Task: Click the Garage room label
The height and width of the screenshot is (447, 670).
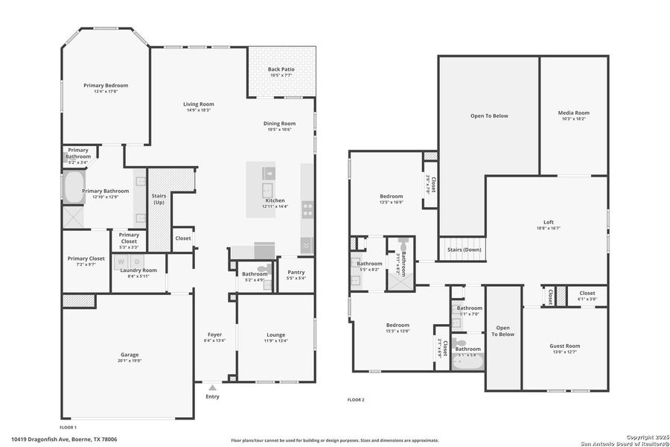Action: tap(130, 355)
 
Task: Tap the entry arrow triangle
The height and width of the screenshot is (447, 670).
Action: tap(212, 387)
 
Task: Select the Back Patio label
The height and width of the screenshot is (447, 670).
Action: tap(281, 70)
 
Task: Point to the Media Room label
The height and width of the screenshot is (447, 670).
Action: tap(573, 112)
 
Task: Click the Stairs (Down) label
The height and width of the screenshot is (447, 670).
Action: tap(464, 250)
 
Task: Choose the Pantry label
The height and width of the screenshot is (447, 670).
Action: tap(296, 273)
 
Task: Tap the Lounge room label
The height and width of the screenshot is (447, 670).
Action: tap(275, 335)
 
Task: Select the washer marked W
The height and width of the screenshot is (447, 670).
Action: tap(121, 261)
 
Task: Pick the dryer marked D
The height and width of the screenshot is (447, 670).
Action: tap(137, 261)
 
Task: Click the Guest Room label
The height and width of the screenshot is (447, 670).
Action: tap(564, 346)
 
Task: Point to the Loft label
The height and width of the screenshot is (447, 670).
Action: tap(549, 222)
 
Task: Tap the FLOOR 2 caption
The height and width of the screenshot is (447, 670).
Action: tap(356, 400)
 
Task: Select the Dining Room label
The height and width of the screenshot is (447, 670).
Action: tap(279, 124)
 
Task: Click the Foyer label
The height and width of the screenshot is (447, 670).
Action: tap(214, 335)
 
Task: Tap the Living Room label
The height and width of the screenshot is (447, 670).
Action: tap(199, 104)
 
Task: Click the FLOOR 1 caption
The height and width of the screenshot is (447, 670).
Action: tap(68, 428)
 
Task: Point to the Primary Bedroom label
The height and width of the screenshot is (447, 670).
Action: tap(106, 86)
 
